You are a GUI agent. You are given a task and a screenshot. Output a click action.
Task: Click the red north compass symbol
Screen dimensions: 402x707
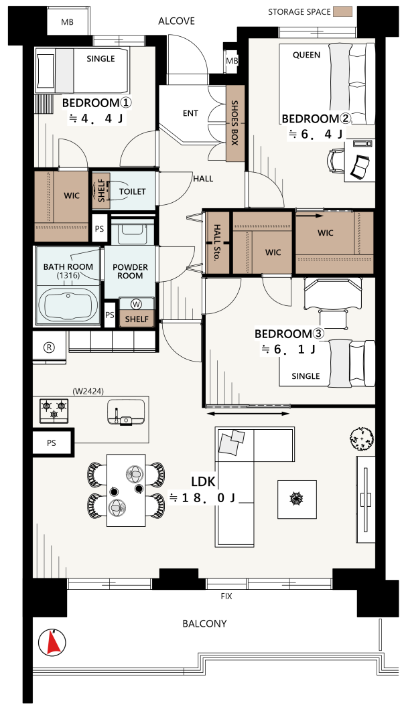tap(53, 642)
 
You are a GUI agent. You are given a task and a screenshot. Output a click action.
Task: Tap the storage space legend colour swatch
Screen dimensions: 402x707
tap(342, 12)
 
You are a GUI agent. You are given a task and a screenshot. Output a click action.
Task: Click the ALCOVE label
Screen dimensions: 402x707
tap(176, 21)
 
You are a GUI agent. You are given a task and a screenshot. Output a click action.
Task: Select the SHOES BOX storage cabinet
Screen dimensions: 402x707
tap(235, 123)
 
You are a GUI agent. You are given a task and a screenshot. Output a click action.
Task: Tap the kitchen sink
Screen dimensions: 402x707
tap(127, 413)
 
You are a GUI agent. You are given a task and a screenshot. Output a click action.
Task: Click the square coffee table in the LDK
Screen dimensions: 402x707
tap(297, 499)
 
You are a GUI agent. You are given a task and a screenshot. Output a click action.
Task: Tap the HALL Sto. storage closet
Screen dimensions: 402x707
tap(218, 242)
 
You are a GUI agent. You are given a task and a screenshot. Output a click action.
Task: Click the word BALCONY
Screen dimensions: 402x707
tap(204, 623)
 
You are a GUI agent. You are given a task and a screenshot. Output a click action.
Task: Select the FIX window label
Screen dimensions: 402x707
tap(226, 596)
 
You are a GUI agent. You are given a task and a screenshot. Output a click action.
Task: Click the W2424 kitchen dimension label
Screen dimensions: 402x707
tap(88, 392)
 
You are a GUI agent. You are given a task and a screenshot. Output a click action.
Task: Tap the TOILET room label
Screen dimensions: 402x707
tap(132, 191)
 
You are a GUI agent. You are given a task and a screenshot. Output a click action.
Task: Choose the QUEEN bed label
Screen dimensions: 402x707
tap(306, 55)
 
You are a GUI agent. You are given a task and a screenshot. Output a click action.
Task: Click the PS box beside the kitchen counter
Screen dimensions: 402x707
tap(52, 443)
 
